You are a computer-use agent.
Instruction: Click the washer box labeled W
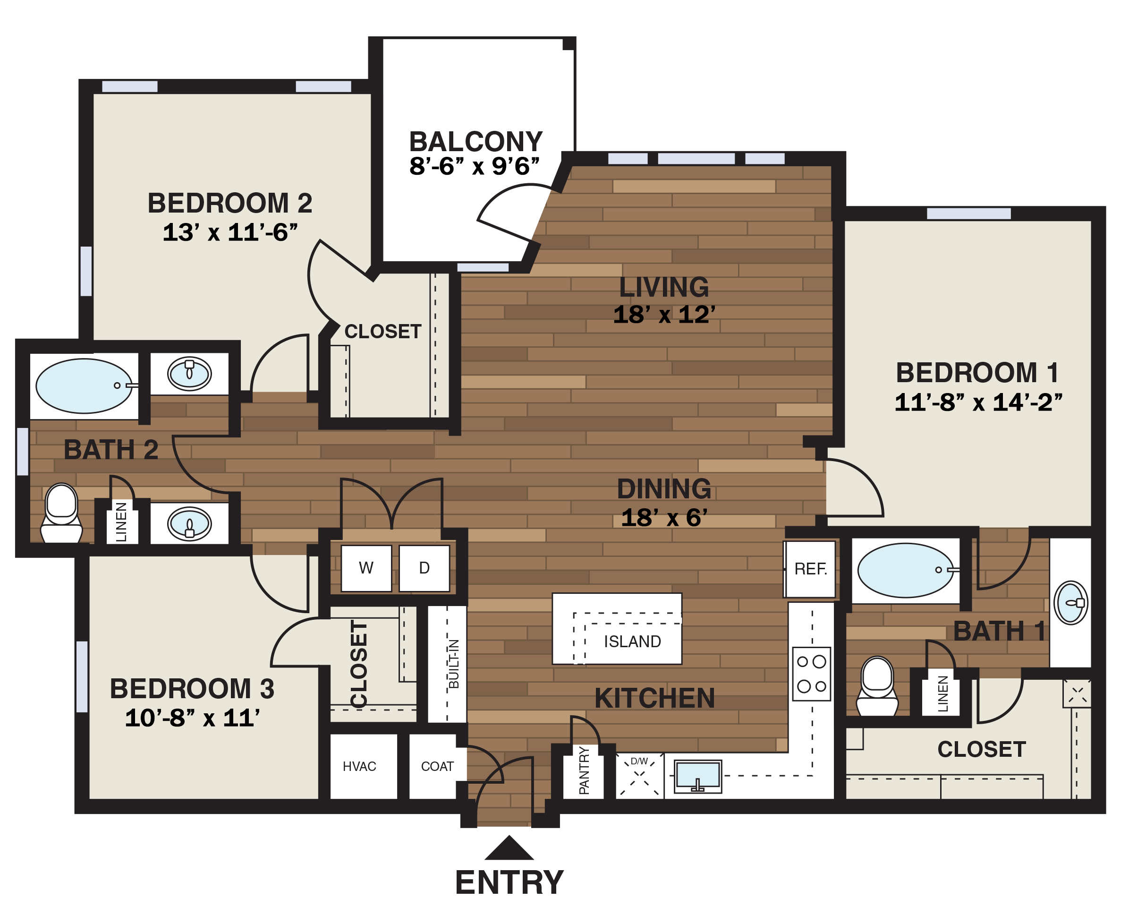coord(366,568)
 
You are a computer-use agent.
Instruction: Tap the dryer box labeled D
coord(424,568)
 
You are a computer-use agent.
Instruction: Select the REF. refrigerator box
coord(810,569)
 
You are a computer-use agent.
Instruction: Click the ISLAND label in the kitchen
coord(632,642)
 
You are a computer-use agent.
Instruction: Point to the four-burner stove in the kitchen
coord(811,674)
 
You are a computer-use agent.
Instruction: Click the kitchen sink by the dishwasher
coord(697,776)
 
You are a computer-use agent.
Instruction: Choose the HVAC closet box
coord(359,767)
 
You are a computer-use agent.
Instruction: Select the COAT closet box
coord(437,767)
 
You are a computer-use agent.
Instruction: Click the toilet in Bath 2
coord(61,513)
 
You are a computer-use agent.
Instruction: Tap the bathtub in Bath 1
coord(905,571)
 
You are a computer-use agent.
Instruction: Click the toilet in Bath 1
coord(877,686)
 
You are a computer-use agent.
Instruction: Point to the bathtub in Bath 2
coord(84,386)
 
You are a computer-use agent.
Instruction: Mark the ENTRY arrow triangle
coord(509,848)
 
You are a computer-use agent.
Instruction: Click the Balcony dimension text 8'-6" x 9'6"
coord(474,167)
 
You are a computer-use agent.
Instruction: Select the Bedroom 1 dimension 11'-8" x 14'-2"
coord(977,402)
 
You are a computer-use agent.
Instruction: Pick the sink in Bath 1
coord(1070,603)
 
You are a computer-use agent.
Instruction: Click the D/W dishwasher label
coord(639,761)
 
